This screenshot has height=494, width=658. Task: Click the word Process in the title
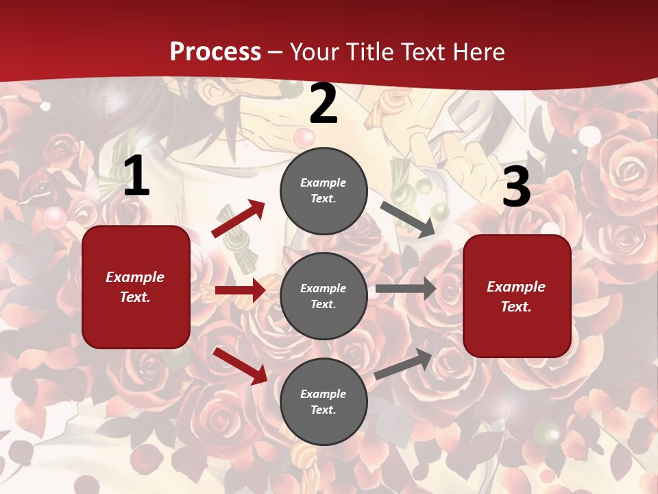tap(215, 51)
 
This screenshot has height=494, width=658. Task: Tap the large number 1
tap(136, 176)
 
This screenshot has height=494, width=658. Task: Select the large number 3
tap(516, 187)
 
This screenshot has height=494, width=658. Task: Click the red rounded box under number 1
tap(136, 287)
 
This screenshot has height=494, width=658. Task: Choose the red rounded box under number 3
tap(517, 296)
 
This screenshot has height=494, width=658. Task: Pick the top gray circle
tap(324, 191)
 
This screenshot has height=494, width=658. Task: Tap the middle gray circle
tap(324, 296)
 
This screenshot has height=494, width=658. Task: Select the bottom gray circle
tap(324, 401)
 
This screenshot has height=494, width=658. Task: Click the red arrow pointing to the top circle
tap(238, 219)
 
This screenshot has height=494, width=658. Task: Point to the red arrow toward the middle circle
tap(240, 290)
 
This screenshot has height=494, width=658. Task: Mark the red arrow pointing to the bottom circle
tap(241, 366)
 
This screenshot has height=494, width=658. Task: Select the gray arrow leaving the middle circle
tap(405, 288)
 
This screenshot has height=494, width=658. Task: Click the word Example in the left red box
tap(135, 277)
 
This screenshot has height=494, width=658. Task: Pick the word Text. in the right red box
tap(516, 307)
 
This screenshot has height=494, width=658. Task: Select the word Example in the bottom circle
tap(324, 394)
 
